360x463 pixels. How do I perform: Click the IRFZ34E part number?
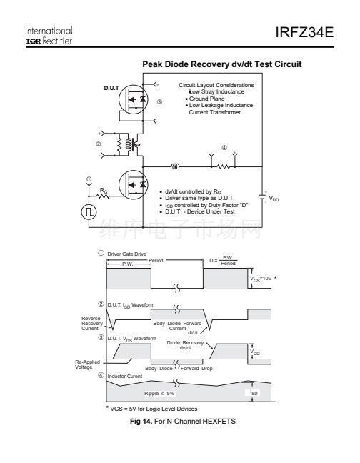tap(304, 32)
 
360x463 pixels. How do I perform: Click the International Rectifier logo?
tap(49, 36)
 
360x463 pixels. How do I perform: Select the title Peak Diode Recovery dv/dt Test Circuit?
tap(222, 64)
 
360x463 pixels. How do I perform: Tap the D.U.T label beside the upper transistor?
tap(111, 88)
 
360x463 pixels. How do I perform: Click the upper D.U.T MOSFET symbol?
tap(133, 99)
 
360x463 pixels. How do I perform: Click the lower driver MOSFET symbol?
tap(133, 185)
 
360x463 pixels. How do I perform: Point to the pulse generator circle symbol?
tap(89, 212)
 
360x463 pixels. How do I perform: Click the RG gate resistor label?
tap(104, 191)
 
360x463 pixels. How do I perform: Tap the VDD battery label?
tap(274, 199)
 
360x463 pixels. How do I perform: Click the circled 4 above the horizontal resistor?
tap(224, 148)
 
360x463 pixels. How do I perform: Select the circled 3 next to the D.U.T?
tap(159, 102)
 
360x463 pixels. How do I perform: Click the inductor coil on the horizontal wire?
tap(175, 166)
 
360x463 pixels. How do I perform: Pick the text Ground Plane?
tap(206, 99)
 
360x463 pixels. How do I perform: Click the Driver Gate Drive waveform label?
tap(126, 254)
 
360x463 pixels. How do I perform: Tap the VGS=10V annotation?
tap(261, 279)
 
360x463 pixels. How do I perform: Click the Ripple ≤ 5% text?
tap(159, 393)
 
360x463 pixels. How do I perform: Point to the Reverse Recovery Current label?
tap(92, 324)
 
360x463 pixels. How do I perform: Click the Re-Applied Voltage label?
tap(87, 364)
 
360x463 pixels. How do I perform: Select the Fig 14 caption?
tap(183, 421)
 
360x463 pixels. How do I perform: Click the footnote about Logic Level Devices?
tap(151, 409)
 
